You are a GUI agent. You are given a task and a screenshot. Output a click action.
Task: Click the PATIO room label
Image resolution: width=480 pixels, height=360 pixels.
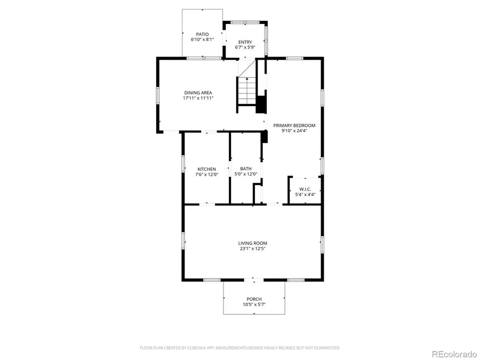202,34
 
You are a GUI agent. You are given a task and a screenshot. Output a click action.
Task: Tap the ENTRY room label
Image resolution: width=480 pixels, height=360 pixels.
245,42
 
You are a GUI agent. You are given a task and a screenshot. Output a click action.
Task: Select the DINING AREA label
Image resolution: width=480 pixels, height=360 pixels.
198,93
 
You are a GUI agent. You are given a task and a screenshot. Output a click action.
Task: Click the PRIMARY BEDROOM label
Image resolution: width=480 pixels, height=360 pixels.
294,126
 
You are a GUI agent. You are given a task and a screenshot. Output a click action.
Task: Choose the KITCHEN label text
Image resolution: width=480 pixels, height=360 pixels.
206,169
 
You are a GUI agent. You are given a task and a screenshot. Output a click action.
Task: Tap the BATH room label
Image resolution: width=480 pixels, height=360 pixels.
246,169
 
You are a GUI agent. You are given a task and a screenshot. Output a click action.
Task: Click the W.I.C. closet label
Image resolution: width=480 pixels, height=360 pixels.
306,189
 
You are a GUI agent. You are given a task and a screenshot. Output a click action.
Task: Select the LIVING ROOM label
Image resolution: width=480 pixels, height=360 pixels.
252,243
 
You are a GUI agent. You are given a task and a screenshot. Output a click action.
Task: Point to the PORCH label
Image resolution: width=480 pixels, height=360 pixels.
254,299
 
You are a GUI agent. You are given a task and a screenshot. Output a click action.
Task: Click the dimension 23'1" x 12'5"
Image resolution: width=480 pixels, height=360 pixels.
252,249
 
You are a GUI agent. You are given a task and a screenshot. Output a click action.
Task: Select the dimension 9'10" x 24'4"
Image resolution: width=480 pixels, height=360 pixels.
294,131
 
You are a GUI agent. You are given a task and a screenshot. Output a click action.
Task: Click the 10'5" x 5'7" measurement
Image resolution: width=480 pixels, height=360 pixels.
254,304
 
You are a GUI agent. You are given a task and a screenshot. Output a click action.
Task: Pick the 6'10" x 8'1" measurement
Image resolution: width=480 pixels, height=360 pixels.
202,39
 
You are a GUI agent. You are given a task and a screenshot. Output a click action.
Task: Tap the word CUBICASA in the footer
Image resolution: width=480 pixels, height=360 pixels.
197,348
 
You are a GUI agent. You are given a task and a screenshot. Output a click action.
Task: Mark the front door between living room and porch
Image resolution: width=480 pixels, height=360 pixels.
254,279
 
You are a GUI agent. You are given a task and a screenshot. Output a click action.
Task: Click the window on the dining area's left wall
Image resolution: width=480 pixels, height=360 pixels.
157,95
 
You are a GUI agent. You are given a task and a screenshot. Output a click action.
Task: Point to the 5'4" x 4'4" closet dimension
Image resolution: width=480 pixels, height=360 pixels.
306,195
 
